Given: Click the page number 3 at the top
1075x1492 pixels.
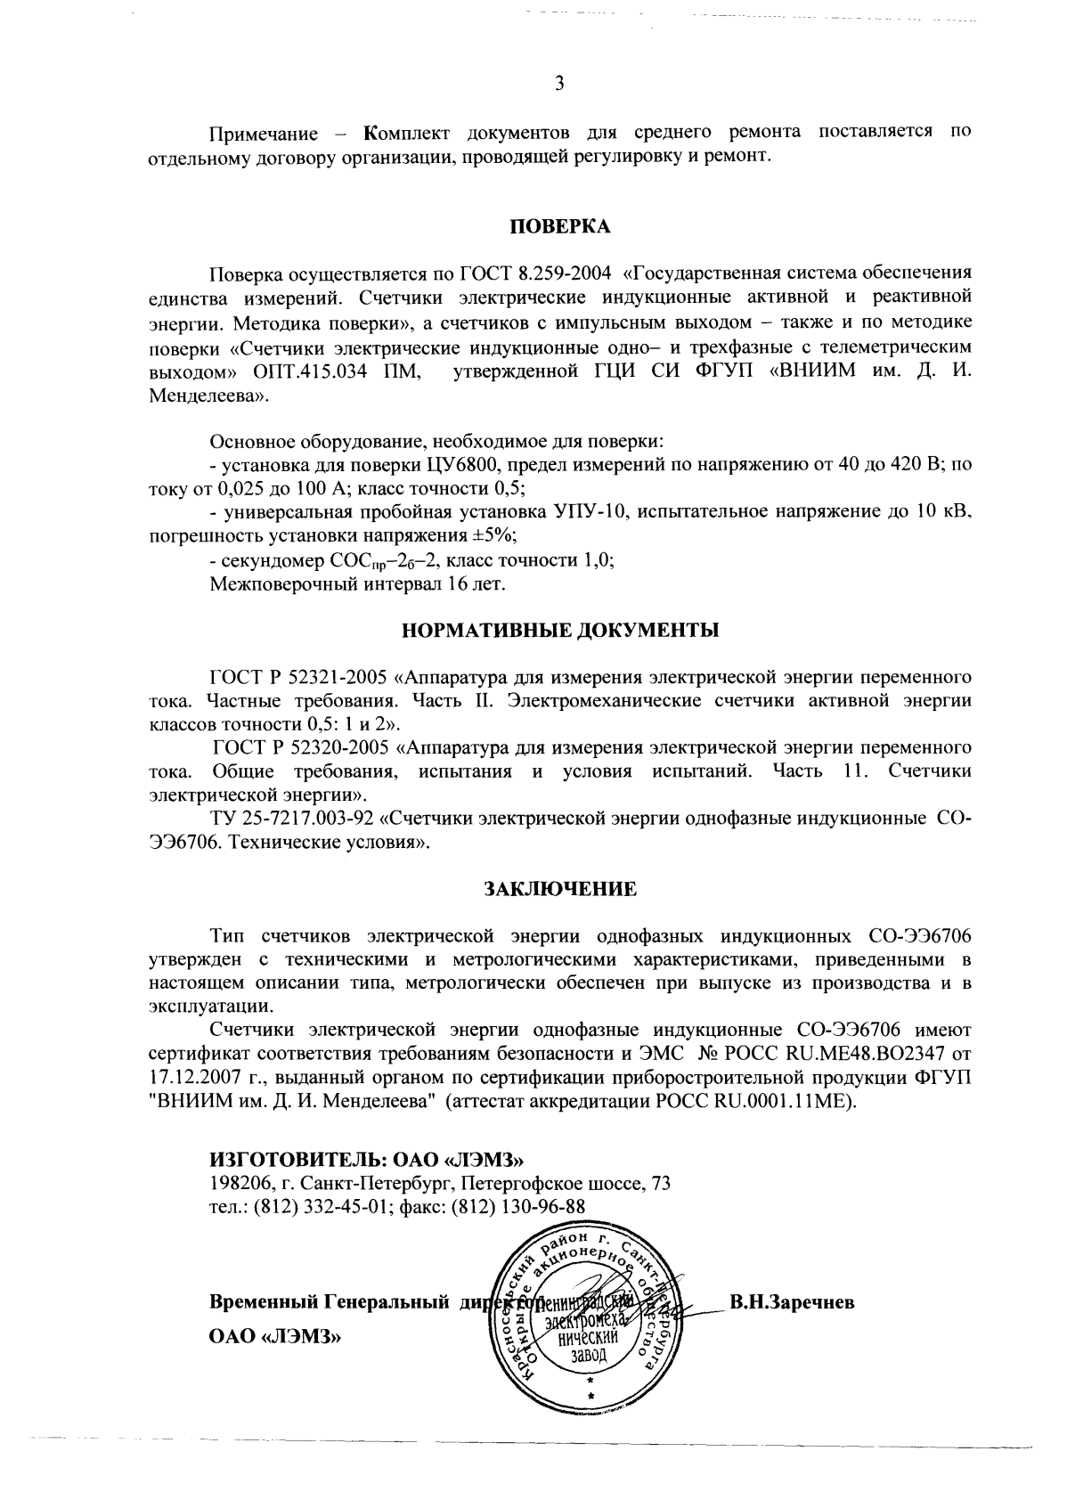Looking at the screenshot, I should click(x=559, y=84).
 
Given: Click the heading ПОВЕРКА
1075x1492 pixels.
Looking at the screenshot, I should click(x=559, y=227).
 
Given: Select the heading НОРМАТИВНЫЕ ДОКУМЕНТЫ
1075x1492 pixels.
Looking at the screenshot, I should click(x=560, y=630).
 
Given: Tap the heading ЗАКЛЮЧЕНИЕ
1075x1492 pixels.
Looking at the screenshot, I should click(x=559, y=889).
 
